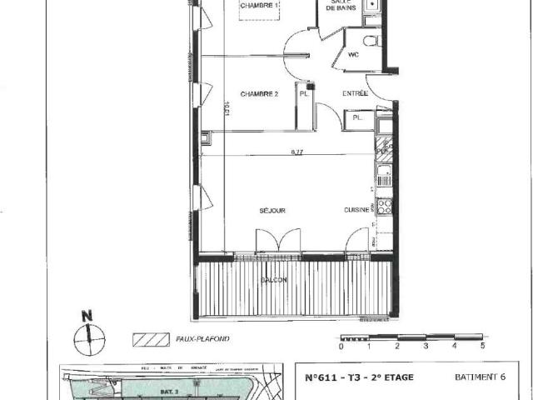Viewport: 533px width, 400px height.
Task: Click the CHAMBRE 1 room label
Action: [x=259, y=8]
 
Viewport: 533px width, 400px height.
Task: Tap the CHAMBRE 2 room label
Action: [x=259, y=95]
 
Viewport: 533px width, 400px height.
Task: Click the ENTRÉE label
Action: [x=356, y=94]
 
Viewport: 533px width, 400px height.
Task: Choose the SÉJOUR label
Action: [x=272, y=211]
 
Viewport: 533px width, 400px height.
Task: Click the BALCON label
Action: [x=273, y=280]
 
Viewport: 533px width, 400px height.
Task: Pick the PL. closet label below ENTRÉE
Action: [x=357, y=118]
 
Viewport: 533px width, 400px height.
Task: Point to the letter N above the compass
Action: [x=86, y=317]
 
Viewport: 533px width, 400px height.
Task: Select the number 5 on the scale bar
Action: [x=482, y=345]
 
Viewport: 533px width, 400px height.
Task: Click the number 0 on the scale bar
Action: [x=341, y=345]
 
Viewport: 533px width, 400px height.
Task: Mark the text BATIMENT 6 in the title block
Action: [x=479, y=377]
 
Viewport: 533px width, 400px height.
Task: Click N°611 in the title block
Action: [x=321, y=377]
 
